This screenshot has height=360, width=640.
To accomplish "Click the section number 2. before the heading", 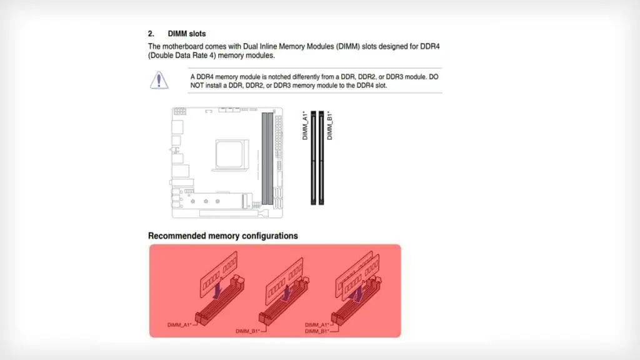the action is tap(151, 34).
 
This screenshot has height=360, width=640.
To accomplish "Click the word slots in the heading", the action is tap(196, 34).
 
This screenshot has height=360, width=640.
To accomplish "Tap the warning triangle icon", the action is tap(159, 80).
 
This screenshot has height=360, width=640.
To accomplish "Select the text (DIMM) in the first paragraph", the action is tap(348, 46).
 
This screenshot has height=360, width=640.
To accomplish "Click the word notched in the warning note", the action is tap(279, 77).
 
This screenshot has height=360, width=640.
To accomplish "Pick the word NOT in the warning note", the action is tap(197, 86).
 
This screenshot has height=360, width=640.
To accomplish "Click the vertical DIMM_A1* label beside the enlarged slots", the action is tap(305, 125).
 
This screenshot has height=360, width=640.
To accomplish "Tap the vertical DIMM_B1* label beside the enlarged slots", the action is tap(329, 125).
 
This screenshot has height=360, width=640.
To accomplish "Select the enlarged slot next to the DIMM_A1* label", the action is tap(314, 158).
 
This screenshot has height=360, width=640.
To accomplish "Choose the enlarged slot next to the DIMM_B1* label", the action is tap(321, 158).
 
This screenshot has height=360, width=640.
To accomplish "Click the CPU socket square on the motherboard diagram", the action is tap(229, 154).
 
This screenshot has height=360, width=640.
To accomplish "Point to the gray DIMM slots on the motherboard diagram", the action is tap(267, 158).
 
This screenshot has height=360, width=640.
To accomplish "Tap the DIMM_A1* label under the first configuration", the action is tap(179, 325).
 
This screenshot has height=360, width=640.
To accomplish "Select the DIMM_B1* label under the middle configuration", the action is tap(247, 331).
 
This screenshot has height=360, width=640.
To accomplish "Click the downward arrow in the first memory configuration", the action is tap(217, 291).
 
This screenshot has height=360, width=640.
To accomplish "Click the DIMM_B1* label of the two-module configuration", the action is tap(317, 331).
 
